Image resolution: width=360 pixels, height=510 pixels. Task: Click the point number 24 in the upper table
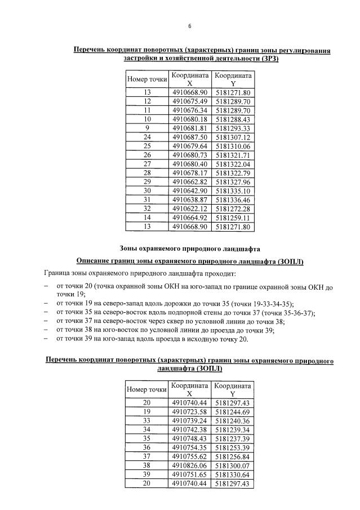tap(147, 137)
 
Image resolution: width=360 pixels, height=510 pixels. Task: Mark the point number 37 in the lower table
tap(147, 456)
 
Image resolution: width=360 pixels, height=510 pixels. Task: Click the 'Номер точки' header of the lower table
tap(147, 389)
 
